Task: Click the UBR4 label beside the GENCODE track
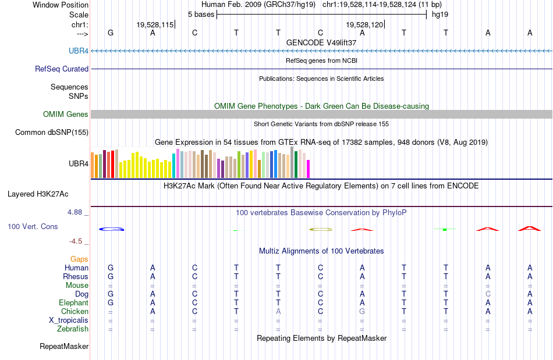tap(79, 51)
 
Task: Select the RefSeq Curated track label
tap(62, 69)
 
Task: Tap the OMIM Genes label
tap(65, 115)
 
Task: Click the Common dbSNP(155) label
tap(51, 133)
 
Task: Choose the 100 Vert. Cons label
tap(33, 226)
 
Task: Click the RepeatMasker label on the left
tap(64, 347)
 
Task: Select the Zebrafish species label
tap(73, 329)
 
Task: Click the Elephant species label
tap(73, 303)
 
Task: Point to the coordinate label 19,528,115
tap(155, 25)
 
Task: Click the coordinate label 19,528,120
tap(364, 25)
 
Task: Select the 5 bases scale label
tap(201, 14)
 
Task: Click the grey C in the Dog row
tap(488, 294)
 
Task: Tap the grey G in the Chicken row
tap(362, 312)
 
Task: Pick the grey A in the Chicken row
tap(278, 312)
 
